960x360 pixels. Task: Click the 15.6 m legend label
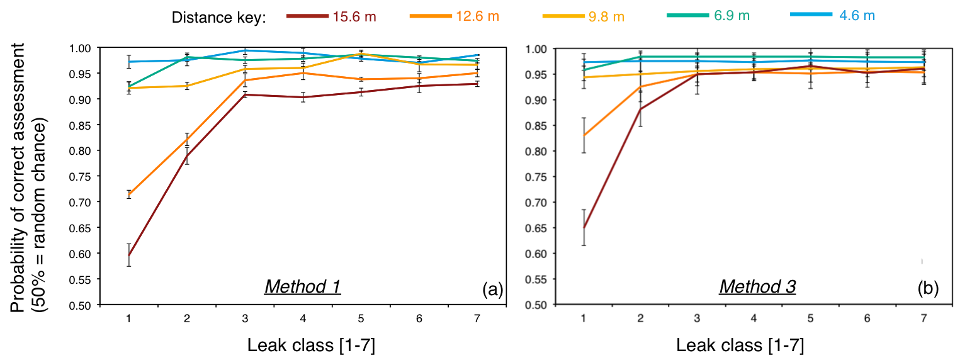354,16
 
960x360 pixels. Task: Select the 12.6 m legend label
477,16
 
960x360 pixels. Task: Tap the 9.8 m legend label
606,16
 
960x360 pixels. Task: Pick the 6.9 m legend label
731,16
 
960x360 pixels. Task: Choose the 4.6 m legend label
857,16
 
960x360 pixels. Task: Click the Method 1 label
302,286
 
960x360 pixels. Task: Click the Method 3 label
757,287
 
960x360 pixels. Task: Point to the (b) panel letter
927,288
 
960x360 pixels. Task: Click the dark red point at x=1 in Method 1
128,255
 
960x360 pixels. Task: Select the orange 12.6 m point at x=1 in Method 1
128,194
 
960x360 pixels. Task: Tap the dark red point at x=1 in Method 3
584,227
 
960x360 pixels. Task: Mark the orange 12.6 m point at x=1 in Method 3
584,135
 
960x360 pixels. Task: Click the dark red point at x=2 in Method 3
640,110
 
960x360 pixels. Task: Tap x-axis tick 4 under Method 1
303,318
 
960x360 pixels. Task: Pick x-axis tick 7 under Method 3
923,318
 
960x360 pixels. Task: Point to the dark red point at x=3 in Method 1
245,94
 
